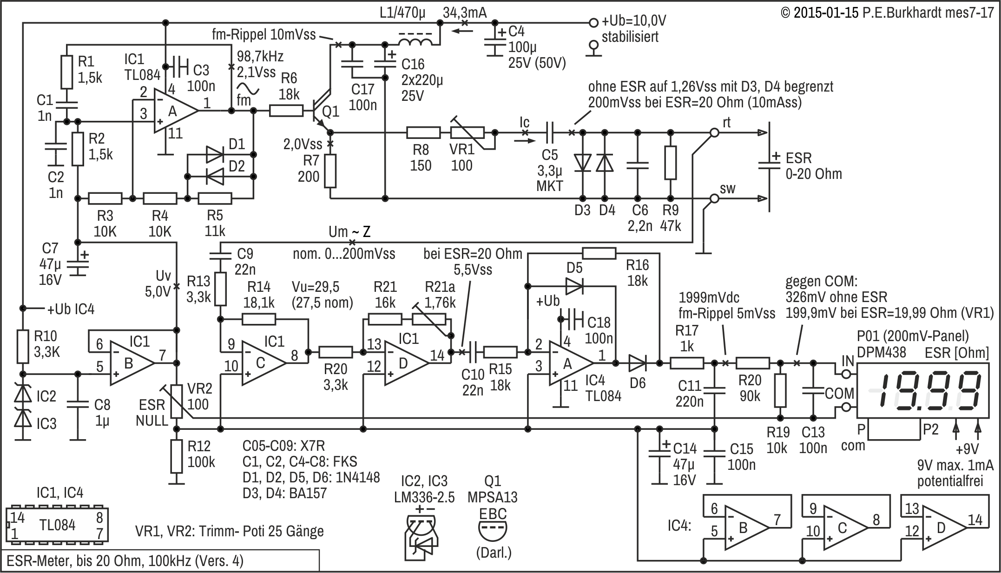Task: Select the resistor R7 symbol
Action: (330, 171)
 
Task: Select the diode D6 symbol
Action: (637, 363)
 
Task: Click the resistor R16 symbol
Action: (599, 253)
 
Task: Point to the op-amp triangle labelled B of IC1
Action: (132, 363)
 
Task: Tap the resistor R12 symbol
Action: (177, 456)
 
